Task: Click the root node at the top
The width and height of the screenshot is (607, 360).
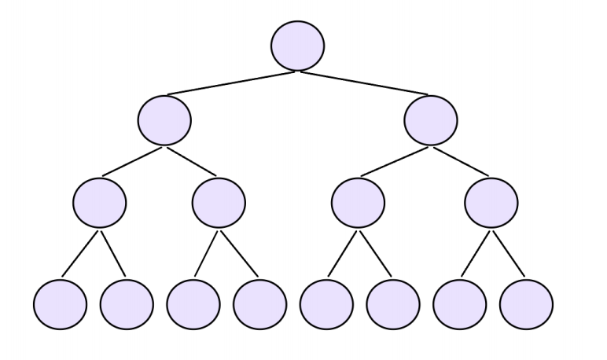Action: click(x=297, y=46)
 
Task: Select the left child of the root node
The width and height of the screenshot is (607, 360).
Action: click(x=164, y=119)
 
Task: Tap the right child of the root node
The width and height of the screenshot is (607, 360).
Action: click(x=431, y=119)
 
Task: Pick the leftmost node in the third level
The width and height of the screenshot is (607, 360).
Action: click(x=99, y=203)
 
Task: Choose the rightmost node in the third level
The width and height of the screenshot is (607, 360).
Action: click(x=491, y=203)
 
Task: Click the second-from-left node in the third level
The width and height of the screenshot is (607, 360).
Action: click(x=219, y=203)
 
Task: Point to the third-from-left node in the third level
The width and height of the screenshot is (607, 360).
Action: click(x=358, y=203)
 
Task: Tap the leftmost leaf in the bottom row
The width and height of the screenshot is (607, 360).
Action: click(x=60, y=303)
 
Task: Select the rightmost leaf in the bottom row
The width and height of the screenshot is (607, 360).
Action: click(x=526, y=303)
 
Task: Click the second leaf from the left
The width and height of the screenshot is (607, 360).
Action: click(x=127, y=303)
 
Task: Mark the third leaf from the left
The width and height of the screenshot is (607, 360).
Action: click(x=193, y=303)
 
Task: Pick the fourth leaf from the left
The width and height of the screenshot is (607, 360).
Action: click(x=260, y=303)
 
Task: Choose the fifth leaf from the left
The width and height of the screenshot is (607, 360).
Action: click(x=326, y=303)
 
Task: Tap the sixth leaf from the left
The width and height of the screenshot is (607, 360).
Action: click(x=393, y=303)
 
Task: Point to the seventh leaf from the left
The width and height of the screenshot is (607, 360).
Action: click(x=460, y=303)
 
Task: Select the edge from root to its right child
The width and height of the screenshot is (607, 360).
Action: click(x=365, y=83)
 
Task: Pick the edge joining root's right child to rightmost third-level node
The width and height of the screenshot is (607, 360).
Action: click(x=462, y=161)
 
